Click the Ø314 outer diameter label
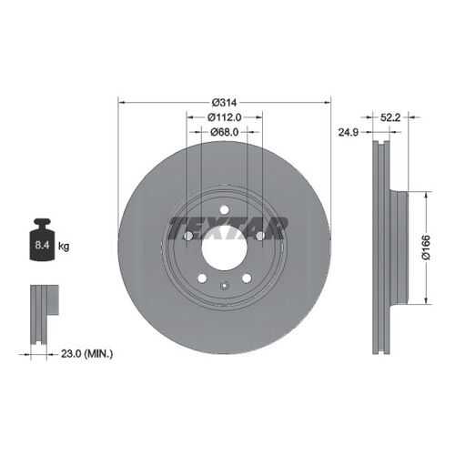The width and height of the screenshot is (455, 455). click(x=224, y=103)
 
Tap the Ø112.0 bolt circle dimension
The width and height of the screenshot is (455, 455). click(x=225, y=117)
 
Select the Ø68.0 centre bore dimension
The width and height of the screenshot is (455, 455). click(x=224, y=132)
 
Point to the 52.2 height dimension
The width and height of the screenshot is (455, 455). click(x=390, y=117)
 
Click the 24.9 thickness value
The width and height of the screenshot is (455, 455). click(x=349, y=132)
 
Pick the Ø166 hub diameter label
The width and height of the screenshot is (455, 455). click(x=426, y=248)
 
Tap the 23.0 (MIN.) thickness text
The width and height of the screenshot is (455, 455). click(x=86, y=354)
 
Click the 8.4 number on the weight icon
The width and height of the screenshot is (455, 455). click(x=42, y=245)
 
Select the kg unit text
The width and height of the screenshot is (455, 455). click(x=64, y=246)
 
